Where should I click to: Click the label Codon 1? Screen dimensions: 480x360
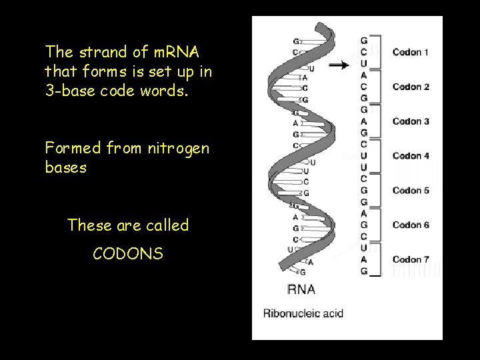pos(411,52)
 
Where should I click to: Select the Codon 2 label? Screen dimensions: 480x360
pos(411,87)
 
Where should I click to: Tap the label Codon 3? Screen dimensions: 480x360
pos(411,121)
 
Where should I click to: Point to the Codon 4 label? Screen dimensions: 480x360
pos(411,156)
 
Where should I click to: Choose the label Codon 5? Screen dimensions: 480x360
pos(411,191)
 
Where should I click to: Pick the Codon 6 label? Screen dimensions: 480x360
pos(411,225)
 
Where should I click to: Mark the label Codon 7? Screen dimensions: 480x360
pos(411,260)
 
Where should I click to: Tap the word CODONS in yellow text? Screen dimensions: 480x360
pos(128,253)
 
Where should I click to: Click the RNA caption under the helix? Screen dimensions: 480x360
pos(301,289)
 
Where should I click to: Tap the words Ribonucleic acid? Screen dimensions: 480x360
pos(303,313)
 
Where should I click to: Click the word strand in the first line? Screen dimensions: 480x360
pos(98,51)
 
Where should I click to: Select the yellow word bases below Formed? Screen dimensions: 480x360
pos(65,167)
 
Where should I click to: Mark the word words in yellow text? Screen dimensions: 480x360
pos(170,91)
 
